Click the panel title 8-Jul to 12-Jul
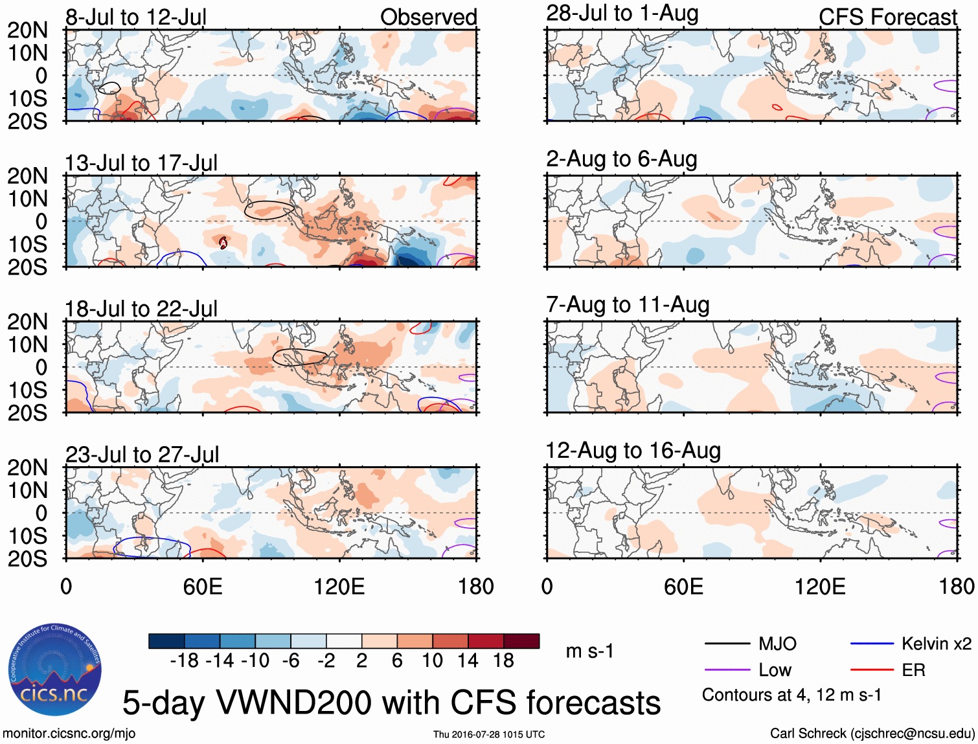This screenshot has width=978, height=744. pyautogui.click(x=136, y=17)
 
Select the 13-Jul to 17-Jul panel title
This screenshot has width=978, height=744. pyautogui.click(x=141, y=163)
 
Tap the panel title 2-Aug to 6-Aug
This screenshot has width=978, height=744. pyautogui.click(x=622, y=159)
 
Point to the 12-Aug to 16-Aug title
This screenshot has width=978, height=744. pyautogui.click(x=633, y=451)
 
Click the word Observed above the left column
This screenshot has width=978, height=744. pyautogui.click(x=428, y=17)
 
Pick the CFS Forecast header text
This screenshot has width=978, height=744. pyautogui.click(x=887, y=17)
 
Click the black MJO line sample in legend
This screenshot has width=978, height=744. pyautogui.click(x=727, y=644)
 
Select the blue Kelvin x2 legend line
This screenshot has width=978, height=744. pyautogui.click(x=872, y=644)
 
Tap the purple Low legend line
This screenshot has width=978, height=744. pyautogui.click(x=727, y=670)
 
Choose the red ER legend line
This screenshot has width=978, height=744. pyautogui.click(x=872, y=670)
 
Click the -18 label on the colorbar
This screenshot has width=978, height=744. pyautogui.click(x=184, y=660)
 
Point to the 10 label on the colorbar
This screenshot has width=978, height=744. pyautogui.click(x=432, y=660)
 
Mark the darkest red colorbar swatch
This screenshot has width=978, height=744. pyautogui.click(x=521, y=641)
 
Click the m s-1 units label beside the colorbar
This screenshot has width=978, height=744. pyautogui.click(x=589, y=651)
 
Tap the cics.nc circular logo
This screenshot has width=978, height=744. pyautogui.click(x=55, y=670)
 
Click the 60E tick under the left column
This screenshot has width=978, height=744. pyautogui.click(x=203, y=587)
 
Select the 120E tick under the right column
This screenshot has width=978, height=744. pyautogui.click(x=820, y=587)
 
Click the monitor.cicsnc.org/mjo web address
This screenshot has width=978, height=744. pyautogui.click(x=69, y=734)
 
